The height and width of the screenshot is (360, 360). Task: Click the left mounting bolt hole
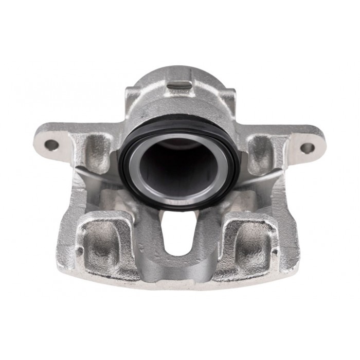tap(51, 145)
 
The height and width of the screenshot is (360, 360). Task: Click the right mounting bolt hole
tap(307, 148)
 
